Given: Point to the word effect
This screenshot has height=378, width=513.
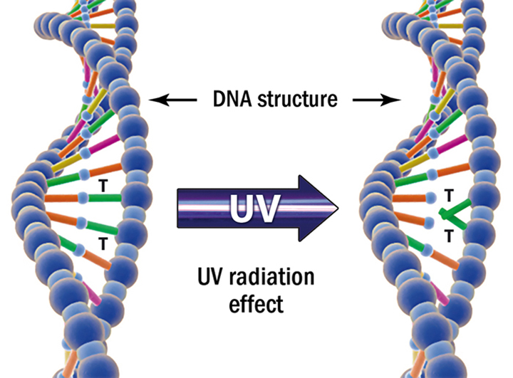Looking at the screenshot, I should click(256, 303).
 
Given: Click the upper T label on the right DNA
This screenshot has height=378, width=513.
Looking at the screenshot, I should click(449, 194).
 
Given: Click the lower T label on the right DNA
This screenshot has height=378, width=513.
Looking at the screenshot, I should click(449, 235).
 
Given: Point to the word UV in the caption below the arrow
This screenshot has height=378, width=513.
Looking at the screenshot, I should click(212, 276).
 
